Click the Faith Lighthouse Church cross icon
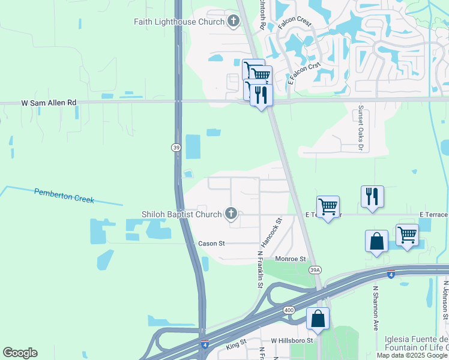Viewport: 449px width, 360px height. [233, 22]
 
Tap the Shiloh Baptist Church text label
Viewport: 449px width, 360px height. [181, 214]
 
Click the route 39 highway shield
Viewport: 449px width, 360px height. [175, 147]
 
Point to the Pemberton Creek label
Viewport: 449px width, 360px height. [64, 196]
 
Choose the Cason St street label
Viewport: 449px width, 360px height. [211, 244]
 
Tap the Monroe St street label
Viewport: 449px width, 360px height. [291, 259]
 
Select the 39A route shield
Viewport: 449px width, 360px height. [315, 271]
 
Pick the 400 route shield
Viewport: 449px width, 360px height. [289, 310]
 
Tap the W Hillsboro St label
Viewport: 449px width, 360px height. [292, 340]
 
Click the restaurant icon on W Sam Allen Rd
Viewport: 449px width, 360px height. [261, 95]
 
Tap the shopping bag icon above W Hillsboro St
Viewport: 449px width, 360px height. [318, 318]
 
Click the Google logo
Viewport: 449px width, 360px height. [20, 353]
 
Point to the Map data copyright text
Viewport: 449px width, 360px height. [412, 355]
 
